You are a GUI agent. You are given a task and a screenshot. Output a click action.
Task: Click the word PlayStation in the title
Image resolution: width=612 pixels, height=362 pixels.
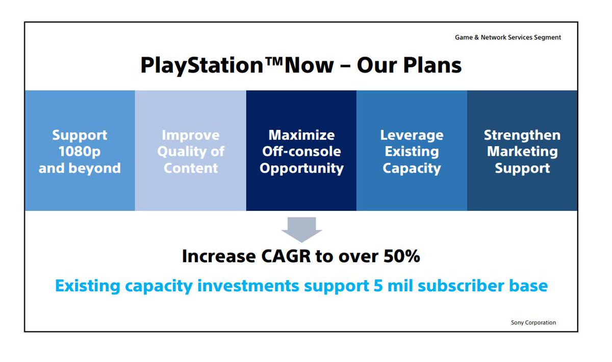[x=202, y=66]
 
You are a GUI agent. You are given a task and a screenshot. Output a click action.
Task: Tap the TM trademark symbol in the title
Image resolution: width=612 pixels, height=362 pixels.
[x=274, y=61]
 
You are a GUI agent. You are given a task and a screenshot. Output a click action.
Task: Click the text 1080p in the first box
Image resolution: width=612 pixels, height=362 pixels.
[x=80, y=152]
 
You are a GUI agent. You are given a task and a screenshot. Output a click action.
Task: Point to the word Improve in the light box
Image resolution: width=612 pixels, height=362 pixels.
[x=191, y=135]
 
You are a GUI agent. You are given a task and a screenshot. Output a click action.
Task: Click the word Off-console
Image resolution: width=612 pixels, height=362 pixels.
[x=301, y=151]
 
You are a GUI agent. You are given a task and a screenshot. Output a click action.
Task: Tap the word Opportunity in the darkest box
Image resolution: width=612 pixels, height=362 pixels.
[x=301, y=169]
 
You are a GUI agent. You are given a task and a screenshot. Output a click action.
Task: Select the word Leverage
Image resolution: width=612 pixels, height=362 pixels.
[x=412, y=135]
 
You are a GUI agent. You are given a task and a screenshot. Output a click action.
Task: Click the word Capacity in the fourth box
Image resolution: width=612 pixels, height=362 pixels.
[x=412, y=169]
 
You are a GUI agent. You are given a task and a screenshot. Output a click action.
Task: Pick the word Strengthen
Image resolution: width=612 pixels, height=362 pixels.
[x=522, y=135]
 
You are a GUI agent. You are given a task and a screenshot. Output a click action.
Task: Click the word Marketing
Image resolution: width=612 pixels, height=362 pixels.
[x=522, y=152]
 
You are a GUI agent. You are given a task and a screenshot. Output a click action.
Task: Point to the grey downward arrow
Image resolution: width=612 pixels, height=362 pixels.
[x=301, y=230]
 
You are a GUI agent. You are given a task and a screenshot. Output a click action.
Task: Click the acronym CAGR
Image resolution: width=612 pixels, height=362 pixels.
[x=286, y=256]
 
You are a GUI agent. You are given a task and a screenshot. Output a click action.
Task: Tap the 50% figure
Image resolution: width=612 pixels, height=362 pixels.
[x=402, y=256]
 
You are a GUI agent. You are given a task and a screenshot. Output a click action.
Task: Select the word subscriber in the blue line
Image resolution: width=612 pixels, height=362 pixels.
[x=461, y=286]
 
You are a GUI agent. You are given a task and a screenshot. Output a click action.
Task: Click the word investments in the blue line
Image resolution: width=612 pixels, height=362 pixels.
[x=248, y=286]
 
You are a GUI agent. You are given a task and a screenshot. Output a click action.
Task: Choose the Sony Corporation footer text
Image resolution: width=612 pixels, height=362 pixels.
[x=533, y=322]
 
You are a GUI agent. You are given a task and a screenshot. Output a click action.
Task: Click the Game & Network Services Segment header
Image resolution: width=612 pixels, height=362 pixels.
[x=507, y=37]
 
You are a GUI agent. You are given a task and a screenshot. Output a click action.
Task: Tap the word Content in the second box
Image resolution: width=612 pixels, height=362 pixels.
[x=191, y=169]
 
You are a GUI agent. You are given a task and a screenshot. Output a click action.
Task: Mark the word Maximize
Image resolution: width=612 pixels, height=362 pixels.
[x=301, y=135]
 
